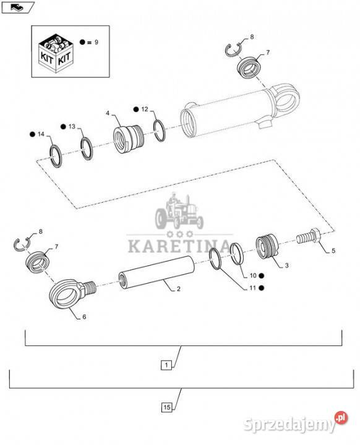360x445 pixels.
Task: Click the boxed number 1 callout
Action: pyautogui.click(x=166, y=365)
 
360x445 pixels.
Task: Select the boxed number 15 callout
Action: pyautogui.click(x=167, y=407)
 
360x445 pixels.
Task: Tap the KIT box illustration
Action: pyautogui.click(x=56, y=53)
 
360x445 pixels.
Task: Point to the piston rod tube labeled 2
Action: pyautogui.click(x=156, y=273)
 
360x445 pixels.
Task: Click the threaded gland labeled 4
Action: pyautogui.click(x=129, y=139)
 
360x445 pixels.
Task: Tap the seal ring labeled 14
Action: pyautogui.click(x=56, y=156)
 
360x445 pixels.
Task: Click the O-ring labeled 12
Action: pyautogui.click(x=160, y=130)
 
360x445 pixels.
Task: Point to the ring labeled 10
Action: pyautogui.click(x=236, y=254)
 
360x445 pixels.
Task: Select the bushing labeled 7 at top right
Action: pyautogui.click(x=248, y=67)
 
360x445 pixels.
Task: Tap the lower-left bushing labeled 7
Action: pyautogui.click(x=38, y=261)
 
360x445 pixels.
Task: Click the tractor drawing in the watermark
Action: pyautogui.click(x=179, y=211)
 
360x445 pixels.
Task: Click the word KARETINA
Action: pyautogui.click(x=179, y=247)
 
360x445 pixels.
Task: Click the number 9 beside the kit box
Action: pyautogui.click(x=96, y=42)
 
